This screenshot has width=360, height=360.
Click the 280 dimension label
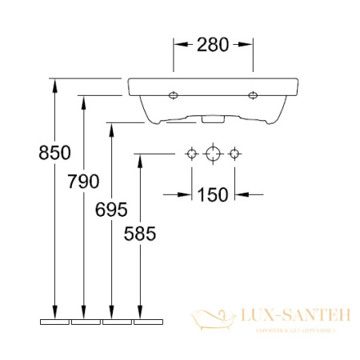point(213,46)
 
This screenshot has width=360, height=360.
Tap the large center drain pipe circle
point(213,153)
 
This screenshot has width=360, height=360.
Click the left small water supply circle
point(191,153)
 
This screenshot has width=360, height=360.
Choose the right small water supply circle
point(234,153)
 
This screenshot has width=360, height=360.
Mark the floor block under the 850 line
point(54,322)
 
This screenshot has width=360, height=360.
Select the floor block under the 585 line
point(148,322)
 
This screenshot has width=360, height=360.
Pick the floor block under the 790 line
point(85,322)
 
